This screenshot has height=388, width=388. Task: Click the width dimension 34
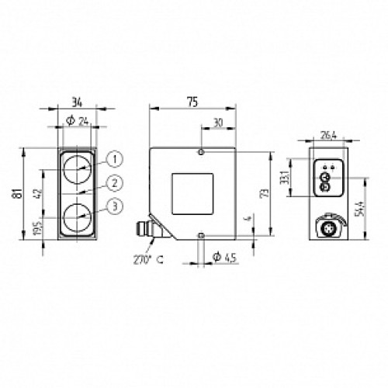[75, 99]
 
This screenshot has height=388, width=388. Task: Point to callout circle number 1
[115, 159]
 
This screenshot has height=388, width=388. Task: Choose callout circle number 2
[115, 182]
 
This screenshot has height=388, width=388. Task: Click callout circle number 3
[115, 206]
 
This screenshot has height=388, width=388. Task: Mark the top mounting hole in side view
[202, 152]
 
